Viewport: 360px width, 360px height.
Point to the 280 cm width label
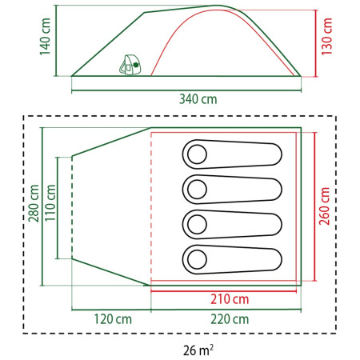[x=34, y=205]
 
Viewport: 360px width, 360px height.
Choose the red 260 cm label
[x=325, y=206]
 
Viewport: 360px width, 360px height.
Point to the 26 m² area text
[x=197, y=349]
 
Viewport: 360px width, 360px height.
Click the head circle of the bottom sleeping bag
[x=197, y=258]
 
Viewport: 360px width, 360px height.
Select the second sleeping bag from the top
[x=234, y=188]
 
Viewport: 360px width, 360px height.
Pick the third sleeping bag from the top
[x=234, y=223]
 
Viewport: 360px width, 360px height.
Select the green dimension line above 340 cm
[x=185, y=88]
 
